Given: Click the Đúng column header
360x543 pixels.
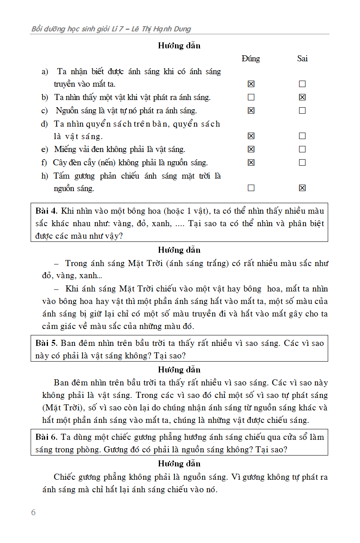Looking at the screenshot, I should tap(251, 58).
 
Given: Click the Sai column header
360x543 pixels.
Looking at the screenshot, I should tap(302, 58).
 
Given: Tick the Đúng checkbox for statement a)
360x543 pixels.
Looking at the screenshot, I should tap(251, 84).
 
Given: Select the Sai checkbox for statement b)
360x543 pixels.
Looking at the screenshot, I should tap(302, 97).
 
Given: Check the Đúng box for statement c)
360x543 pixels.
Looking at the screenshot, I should tap(251, 110).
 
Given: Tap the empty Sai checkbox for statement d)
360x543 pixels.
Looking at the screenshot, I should tap(302, 136).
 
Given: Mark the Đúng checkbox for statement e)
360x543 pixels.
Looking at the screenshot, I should tap(251, 149).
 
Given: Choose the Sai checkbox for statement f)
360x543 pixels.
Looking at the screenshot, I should tap(302, 162).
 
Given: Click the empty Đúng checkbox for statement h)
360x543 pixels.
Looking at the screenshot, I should tap(251, 188).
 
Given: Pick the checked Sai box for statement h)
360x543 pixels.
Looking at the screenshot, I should tap(302, 188).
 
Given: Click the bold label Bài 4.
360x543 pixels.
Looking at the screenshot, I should tap(47, 210).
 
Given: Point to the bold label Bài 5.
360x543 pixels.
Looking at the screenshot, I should tap(47, 343).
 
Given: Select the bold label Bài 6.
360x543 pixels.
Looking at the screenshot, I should tap(47, 437).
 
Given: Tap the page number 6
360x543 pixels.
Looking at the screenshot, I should tap(33, 512).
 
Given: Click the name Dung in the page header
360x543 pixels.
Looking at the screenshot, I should tap(183, 29).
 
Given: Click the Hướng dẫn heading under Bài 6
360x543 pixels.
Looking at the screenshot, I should tap(179, 464).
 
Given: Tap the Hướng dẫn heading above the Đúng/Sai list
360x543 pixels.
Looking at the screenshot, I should tap(179, 46).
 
